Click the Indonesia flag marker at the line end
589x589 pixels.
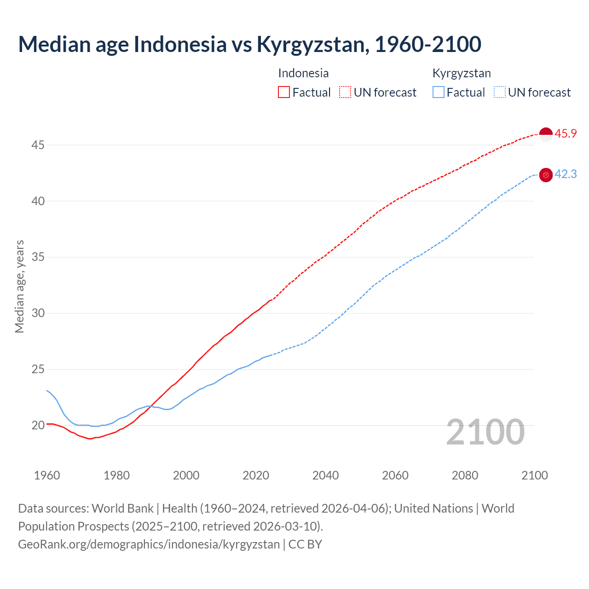click(x=545, y=134)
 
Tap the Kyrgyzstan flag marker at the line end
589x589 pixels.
click(x=545, y=175)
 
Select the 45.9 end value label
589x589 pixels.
click(x=566, y=134)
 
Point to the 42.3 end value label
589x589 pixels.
click(x=566, y=174)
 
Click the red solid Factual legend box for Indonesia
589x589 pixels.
click(x=284, y=92)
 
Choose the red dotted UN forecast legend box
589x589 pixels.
click(x=345, y=92)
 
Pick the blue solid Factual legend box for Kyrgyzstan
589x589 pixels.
click(x=439, y=92)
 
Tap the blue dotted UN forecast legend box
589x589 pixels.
click(x=500, y=92)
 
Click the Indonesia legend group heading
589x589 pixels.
click(x=303, y=73)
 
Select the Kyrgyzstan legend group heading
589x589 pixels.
click(x=462, y=73)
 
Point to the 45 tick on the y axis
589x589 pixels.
click(x=38, y=145)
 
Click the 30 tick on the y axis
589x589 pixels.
click(x=38, y=313)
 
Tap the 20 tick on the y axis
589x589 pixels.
click(x=38, y=425)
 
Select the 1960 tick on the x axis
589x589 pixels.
click(x=47, y=475)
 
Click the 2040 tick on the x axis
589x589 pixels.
click(x=325, y=475)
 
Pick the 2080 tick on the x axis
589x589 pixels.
click(x=465, y=475)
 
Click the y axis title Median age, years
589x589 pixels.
click(x=19, y=286)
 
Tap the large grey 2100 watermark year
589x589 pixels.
click(x=485, y=432)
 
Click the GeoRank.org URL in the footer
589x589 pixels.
click(x=149, y=544)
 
